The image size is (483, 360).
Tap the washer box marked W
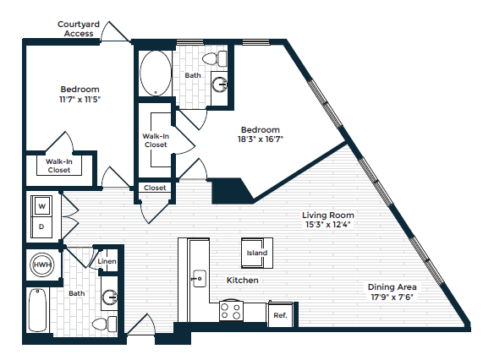[40, 204]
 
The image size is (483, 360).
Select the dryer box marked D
[40, 226]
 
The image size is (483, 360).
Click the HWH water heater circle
[41, 265]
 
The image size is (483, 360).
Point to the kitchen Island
[256, 253]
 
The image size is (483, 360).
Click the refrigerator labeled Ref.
[279, 315]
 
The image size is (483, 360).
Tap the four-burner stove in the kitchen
[232, 312]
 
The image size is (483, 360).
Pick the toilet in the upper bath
[222, 59]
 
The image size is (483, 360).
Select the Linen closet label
[107, 262]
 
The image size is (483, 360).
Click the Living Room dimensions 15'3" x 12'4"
[329, 225]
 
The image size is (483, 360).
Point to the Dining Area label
[391, 286]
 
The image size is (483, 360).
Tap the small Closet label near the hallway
[155, 188]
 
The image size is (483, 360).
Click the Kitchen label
[242, 280]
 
